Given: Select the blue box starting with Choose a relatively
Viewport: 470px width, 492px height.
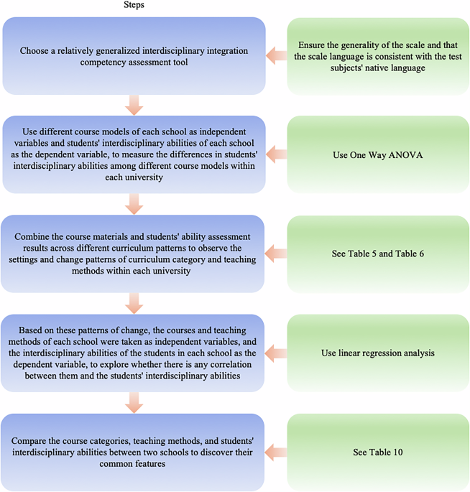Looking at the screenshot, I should click(x=134, y=55).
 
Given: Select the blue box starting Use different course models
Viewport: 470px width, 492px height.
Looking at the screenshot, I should click(x=134, y=154).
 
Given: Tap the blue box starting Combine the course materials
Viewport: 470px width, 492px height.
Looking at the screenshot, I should click(x=134, y=253).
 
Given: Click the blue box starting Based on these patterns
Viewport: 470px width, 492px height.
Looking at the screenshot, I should click(x=134, y=353).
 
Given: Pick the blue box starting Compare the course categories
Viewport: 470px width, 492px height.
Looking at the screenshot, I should click(x=134, y=452).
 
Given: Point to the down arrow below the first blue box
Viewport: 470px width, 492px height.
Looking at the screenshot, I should click(x=134, y=105).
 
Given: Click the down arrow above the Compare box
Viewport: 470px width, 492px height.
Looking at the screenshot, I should click(x=134, y=403).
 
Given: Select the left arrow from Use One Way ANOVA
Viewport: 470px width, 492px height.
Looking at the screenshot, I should click(x=277, y=154).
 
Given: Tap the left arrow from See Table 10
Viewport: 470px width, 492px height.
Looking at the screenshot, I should click(x=277, y=452).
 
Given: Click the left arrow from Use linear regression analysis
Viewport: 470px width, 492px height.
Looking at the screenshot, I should click(x=277, y=353).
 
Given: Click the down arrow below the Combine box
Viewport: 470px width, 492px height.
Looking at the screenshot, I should click(x=134, y=303).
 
